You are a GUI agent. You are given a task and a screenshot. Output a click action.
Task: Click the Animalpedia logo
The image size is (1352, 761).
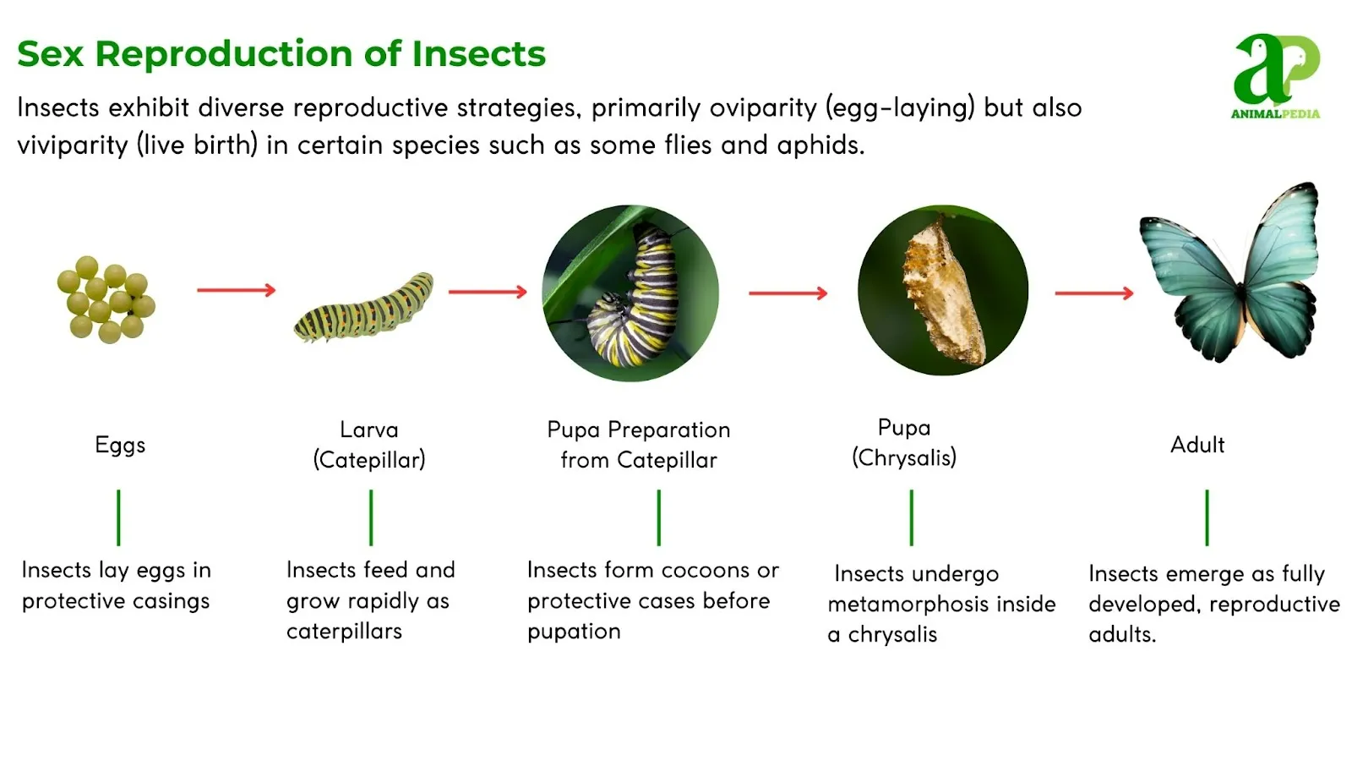click(x=1276, y=76)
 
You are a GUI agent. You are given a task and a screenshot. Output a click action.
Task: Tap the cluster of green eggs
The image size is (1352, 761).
click(x=106, y=299)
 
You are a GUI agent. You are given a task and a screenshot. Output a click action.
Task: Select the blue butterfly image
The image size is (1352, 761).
click(x=1229, y=272)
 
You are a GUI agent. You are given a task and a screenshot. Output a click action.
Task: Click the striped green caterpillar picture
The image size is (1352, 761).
click(x=364, y=307)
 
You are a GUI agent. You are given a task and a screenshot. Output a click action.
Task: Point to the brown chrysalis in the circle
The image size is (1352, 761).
click(x=943, y=291)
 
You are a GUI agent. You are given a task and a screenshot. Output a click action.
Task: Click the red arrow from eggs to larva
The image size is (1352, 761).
click(x=237, y=291)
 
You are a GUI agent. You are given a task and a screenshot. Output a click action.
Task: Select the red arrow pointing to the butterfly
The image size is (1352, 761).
click(x=1094, y=293)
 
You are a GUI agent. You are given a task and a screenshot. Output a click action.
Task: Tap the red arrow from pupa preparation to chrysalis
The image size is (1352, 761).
click(x=788, y=293)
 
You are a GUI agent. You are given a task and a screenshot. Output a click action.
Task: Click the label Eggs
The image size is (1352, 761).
click(x=120, y=445)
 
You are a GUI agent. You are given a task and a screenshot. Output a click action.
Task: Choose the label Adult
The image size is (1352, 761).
click(x=1197, y=445)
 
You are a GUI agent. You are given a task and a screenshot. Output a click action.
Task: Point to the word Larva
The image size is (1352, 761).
click(x=368, y=430)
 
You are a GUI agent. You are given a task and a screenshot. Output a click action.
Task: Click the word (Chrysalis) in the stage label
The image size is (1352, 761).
click(x=904, y=457)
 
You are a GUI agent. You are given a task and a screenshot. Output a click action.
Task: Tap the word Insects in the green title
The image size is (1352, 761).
click(x=478, y=54)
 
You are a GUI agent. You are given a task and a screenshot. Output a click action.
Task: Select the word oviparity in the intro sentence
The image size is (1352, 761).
click(x=762, y=108)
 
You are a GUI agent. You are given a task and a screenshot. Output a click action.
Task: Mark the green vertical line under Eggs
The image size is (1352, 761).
click(x=118, y=517)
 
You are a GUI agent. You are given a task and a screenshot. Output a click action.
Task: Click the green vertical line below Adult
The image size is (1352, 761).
click(x=1208, y=517)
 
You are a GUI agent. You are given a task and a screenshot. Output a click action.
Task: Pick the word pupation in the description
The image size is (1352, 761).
click(x=574, y=632)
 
